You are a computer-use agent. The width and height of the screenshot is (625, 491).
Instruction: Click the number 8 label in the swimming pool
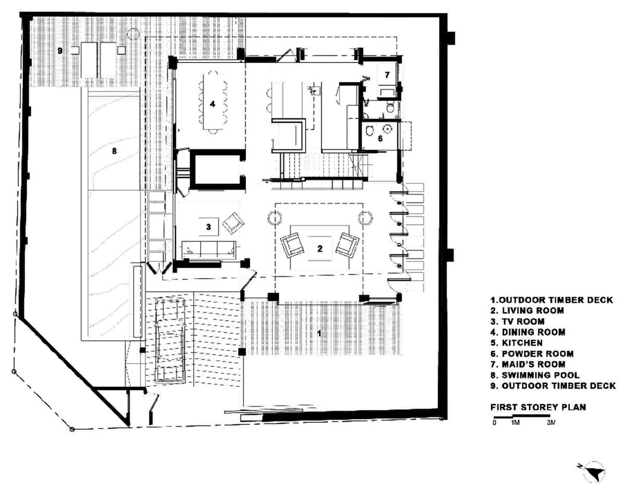tap(114, 152)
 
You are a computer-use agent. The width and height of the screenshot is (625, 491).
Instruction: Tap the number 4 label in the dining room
tap(213, 104)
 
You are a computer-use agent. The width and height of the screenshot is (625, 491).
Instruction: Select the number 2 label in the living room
tap(320, 248)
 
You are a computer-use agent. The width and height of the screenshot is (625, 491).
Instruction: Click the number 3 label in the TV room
tap(208, 226)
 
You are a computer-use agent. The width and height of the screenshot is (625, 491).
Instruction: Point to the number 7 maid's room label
tap(387, 75)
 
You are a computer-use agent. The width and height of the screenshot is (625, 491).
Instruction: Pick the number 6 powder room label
tap(380, 139)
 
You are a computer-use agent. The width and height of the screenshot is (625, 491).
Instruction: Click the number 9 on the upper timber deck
tap(60, 51)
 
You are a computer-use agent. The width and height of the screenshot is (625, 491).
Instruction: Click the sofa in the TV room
tap(208, 249)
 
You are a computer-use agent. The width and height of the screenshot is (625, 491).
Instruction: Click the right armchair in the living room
tap(347, 244)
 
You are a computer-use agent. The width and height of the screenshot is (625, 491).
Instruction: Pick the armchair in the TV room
tap(233, 223)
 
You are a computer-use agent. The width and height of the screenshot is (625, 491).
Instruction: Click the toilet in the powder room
tap(370, 131)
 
